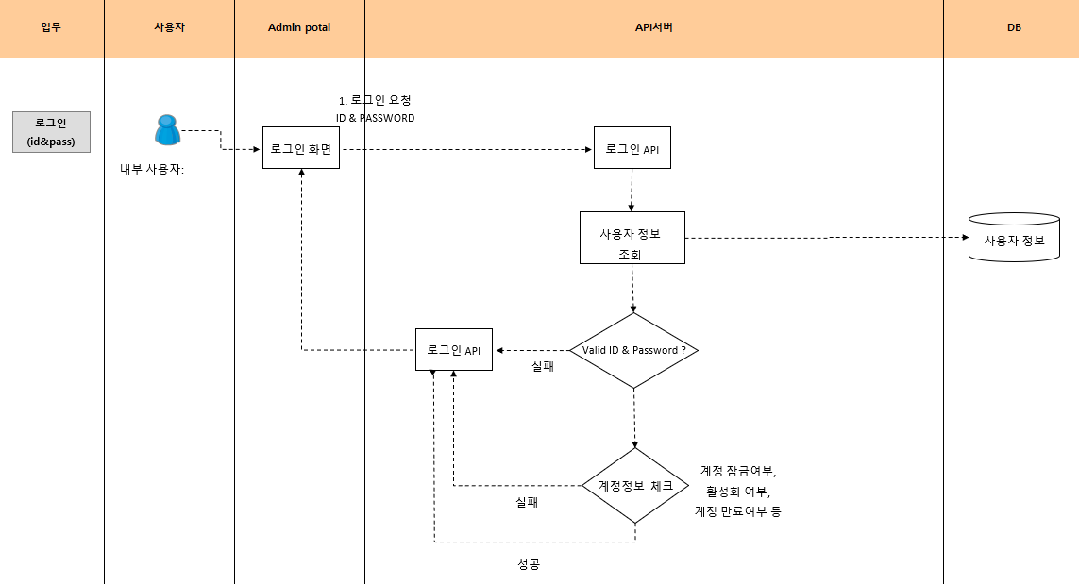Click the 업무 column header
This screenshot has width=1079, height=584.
pos(51,28)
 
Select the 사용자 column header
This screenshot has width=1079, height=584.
pos(169,28)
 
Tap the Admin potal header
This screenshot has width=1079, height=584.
pos(299,28)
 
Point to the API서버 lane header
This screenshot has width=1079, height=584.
pos(653,28)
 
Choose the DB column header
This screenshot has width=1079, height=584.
pos(1014,28)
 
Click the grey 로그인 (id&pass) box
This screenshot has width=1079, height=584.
pos(51,132)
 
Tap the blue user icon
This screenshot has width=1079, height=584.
pos(167,130)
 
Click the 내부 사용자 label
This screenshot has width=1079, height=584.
pos(152,171)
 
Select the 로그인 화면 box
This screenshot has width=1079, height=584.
pos(301,148)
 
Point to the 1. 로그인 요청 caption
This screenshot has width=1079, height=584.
pos(375,100)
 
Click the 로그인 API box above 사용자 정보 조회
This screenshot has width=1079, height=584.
pos(632,148)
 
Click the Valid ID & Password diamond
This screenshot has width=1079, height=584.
pos(633,350)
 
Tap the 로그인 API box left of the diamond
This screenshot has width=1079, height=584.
pos(453,350)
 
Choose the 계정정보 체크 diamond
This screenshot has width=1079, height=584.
pos(635,486)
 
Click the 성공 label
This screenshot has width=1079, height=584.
pos(529,564)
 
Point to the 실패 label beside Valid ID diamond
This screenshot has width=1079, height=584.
pos(543,366)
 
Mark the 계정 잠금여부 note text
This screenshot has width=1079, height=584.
pos(737,470)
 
